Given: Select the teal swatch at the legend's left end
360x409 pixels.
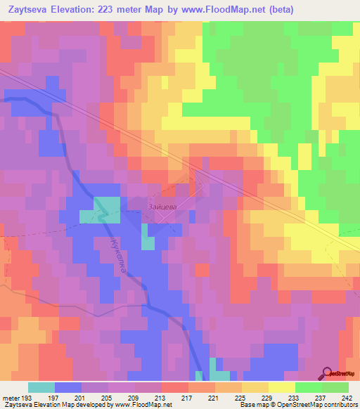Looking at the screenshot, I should (41, 387).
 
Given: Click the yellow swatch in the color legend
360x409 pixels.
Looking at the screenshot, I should (281, 387).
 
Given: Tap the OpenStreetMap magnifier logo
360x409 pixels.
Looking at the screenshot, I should (328, 373).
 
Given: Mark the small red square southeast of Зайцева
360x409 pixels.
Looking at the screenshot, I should (202, 269).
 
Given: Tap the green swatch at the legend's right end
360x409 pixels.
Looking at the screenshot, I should (335, 387).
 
